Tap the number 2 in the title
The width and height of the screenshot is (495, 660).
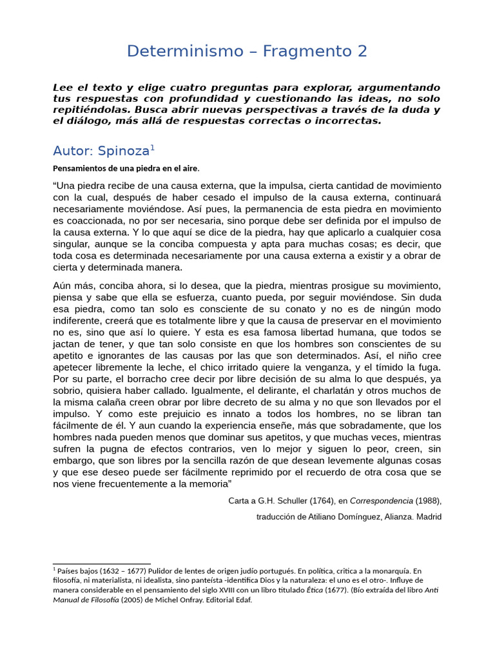pos(362,52)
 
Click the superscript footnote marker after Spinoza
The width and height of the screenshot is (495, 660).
pos(152,148)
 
